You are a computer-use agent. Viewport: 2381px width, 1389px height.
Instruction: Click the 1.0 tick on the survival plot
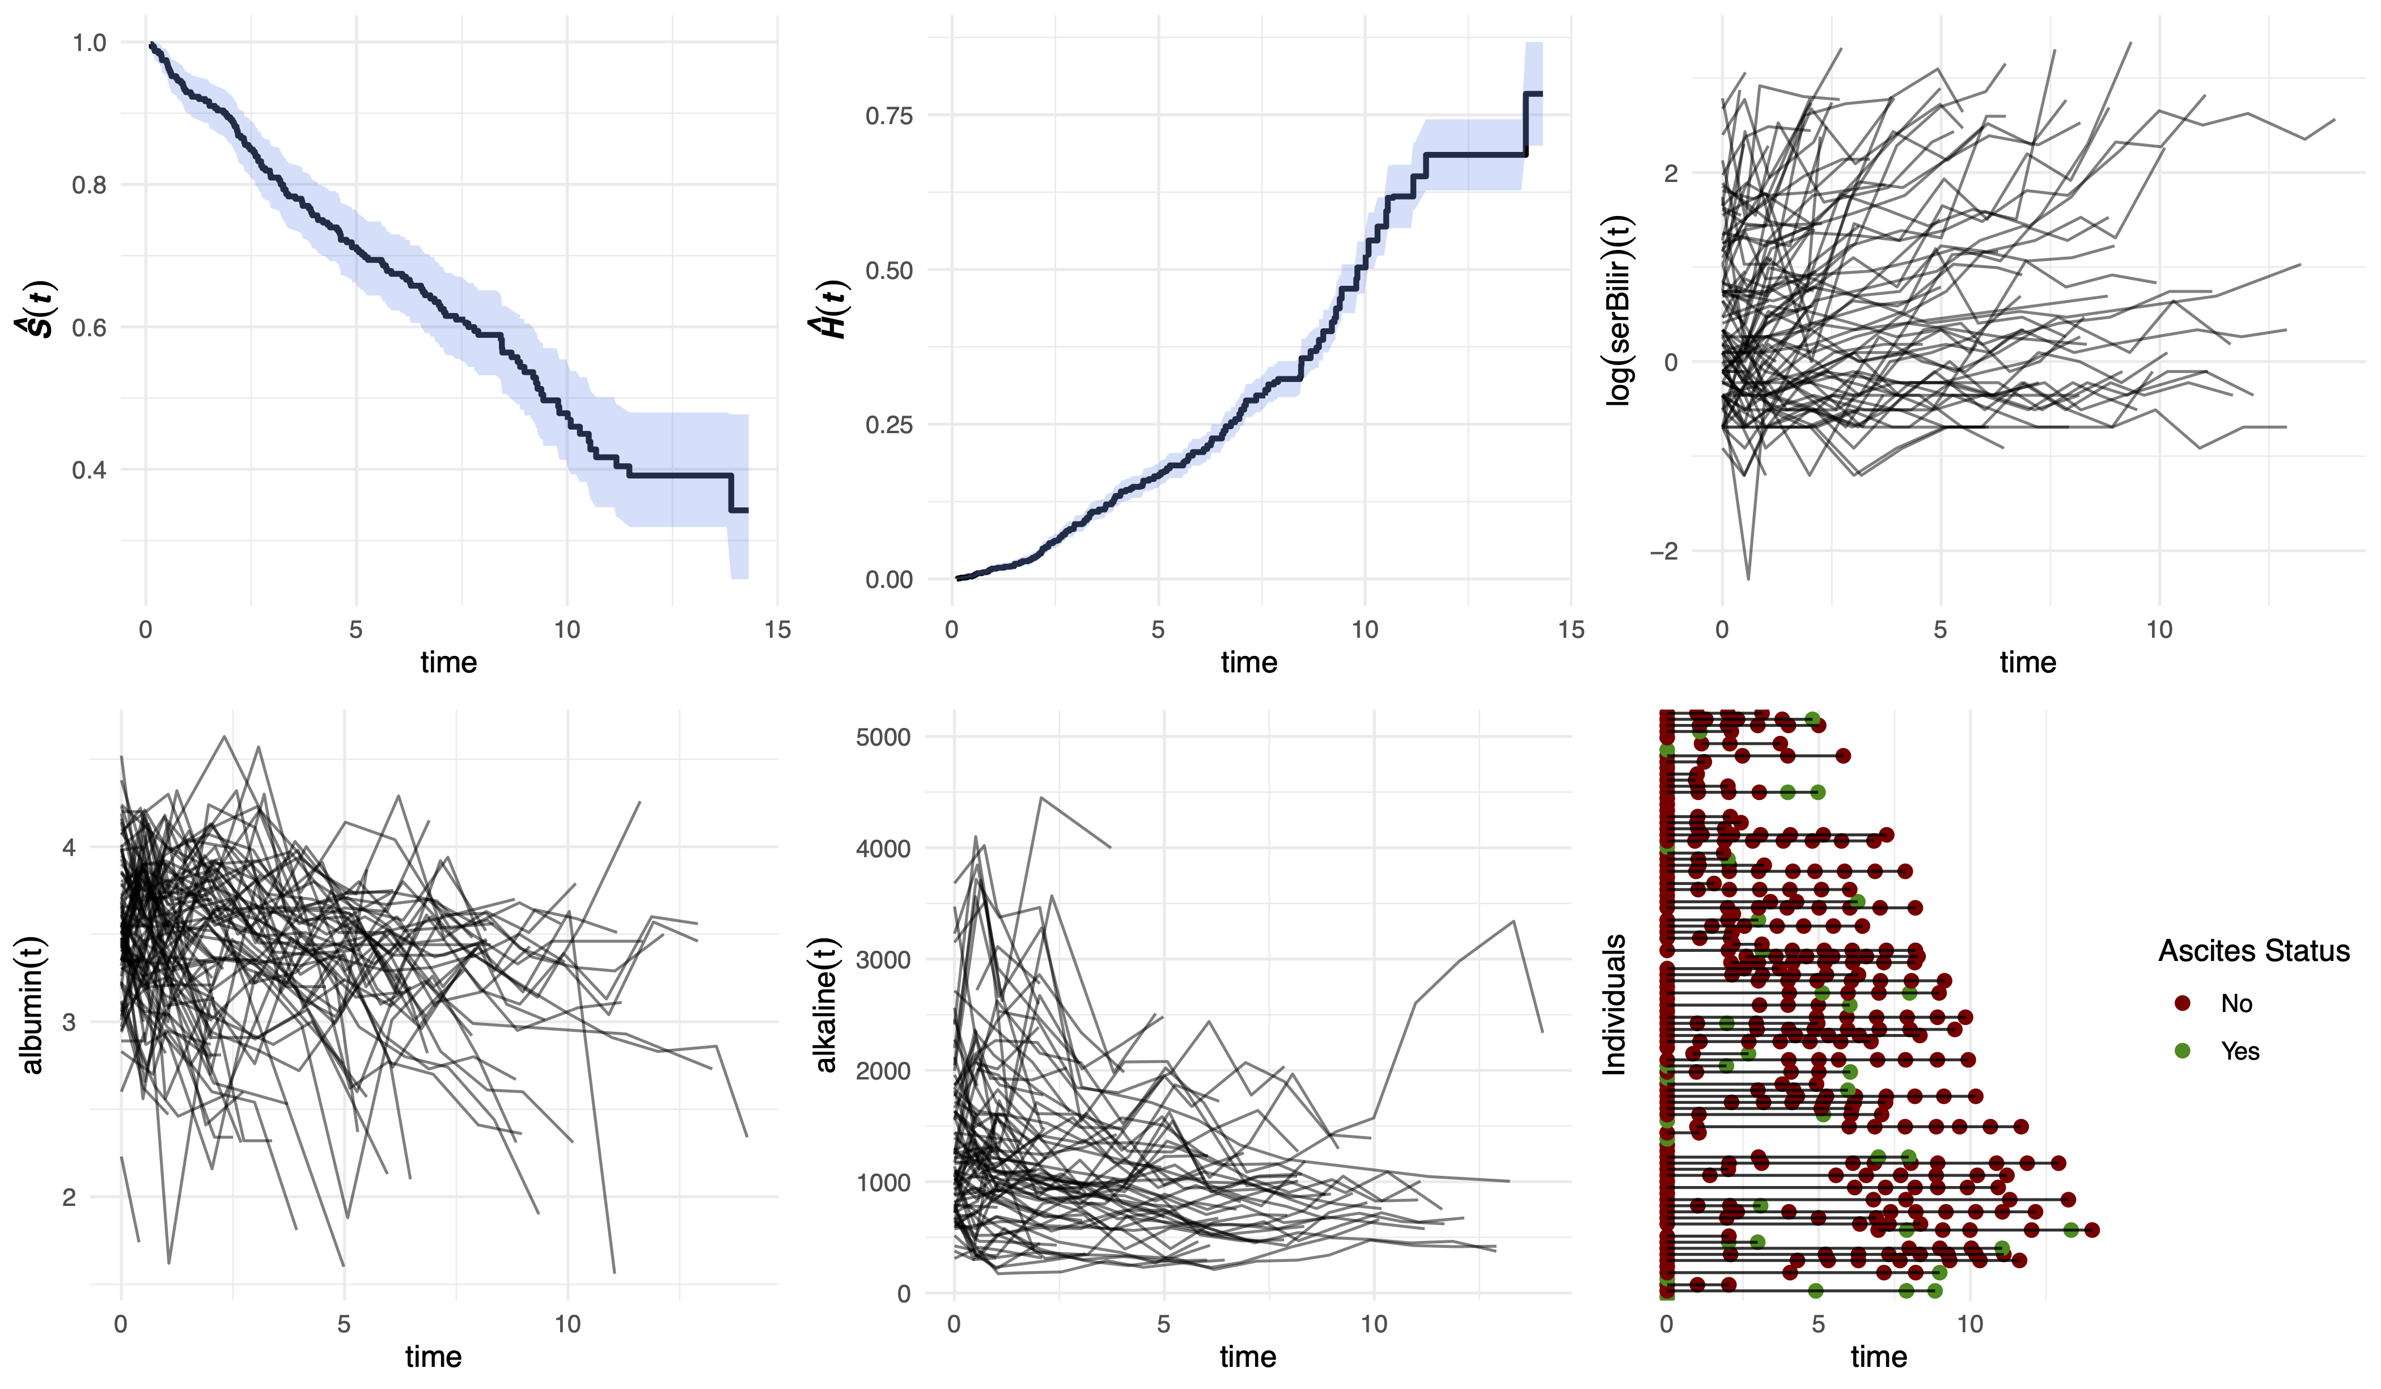tap(89, 43)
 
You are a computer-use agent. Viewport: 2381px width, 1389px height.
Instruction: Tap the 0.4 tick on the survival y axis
tap(89, 469)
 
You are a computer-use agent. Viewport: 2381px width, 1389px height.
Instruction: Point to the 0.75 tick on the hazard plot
tap(889, 116)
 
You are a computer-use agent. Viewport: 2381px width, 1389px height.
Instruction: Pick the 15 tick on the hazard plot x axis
tap(1570, 630)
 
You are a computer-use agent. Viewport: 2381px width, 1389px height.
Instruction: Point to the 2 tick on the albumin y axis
tap(69, 1197)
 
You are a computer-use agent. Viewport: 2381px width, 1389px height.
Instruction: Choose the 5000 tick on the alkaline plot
tap(883, 737)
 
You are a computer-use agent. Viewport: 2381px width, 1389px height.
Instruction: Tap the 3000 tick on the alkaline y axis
tap(883, 960)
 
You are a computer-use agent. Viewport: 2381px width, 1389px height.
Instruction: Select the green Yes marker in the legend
tap(2183, 1051)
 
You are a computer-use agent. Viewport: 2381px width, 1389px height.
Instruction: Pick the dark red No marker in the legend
tap(2183, 1002)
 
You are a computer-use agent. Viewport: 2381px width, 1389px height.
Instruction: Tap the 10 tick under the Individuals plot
tap(1970, 1324)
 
